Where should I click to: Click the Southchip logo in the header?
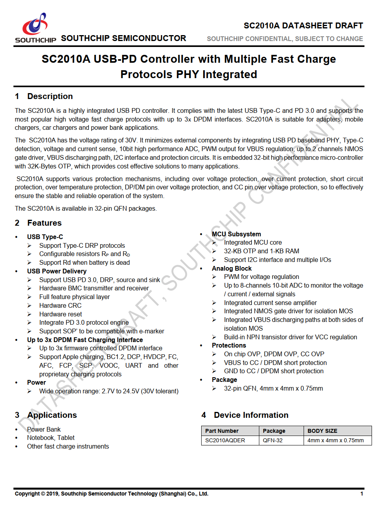coord(35,28)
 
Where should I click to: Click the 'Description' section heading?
coord(50,96)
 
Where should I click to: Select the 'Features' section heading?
coord(44,223)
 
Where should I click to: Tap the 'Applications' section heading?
coord(52,415)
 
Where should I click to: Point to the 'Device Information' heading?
coord(251,415)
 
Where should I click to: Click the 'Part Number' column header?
coord(222,431)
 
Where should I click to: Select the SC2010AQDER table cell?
coord(225,440)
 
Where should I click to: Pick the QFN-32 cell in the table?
coord(273,440)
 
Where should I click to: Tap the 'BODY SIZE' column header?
coord(322,431)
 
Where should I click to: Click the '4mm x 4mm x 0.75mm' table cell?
coord(336,440)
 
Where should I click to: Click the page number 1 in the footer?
coord(361,494)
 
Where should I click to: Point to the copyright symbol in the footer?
coord(43,494)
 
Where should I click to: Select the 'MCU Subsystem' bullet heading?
coord(236,234)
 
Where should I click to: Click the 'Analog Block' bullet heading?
coord(232,268)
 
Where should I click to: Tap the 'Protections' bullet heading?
coord(229,345)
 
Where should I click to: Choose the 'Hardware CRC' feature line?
coord(60,305)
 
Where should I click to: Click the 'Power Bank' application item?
coord(44,429)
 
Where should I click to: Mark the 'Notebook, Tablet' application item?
coord(51,438)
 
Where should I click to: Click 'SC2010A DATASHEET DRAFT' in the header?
coord(303,26)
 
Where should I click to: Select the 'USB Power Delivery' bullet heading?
coord(57,271)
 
